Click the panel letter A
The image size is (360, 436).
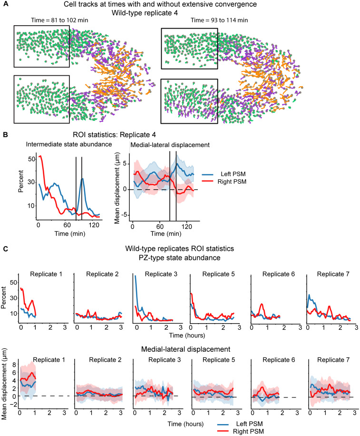point(6,4)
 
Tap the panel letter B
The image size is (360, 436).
point(5,135)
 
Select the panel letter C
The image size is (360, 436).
point(6,248)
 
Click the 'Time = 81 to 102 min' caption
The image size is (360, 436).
point(59,20)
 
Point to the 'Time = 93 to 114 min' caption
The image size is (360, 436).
point(219,20)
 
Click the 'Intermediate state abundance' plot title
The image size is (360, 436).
point(69,144)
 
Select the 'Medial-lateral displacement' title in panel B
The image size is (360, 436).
point(170,145)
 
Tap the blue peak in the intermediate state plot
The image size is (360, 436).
point(82,179)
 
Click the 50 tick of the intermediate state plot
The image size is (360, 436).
point(32,159)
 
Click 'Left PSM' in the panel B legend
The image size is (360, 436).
point(233,174)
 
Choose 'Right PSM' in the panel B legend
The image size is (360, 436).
point(232,182)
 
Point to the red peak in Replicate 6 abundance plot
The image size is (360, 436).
point(262,304)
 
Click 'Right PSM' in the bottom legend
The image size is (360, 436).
point(248,432)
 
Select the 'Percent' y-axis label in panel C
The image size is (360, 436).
point(4,297)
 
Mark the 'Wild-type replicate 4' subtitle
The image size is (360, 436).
point(145,13)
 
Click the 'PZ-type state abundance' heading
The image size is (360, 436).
point(179,258)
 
